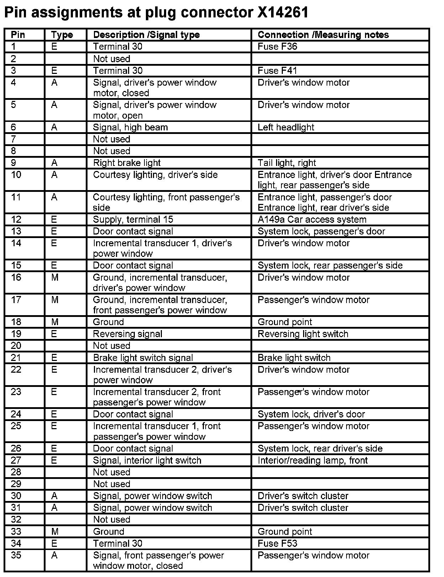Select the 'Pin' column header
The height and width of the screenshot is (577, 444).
[x=18, y=35]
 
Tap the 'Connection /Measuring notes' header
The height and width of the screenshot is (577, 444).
[x=323, y=35]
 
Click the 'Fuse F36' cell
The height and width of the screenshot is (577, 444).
[x=277, y=47]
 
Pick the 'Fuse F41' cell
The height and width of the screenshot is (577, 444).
[x=277, y=70]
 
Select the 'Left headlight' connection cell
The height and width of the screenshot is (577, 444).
[x=286, y=127]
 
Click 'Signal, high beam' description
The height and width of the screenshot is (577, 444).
[x=130, y=127]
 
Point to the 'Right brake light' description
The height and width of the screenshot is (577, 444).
[x=127, y=163]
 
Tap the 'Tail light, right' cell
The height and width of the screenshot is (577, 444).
[x=287, y=163]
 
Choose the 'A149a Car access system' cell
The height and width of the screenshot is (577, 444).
[x=312, y=220]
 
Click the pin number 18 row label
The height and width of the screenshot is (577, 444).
[x=16, y=322]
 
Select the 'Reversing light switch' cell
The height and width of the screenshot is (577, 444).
[x=303, y=334]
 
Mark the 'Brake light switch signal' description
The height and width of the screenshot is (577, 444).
[x=143, y=358]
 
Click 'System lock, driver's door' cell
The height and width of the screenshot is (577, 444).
[x=311, y=414]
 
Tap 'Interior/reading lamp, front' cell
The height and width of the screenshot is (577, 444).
[x=312, y=460]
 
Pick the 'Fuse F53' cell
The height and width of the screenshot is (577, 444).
[x=277, y=543]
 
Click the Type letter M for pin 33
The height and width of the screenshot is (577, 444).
[x=54, y=532]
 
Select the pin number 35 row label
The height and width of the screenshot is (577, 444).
[x=16, y=555]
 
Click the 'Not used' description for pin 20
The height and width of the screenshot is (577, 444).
[x=112, y=346]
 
